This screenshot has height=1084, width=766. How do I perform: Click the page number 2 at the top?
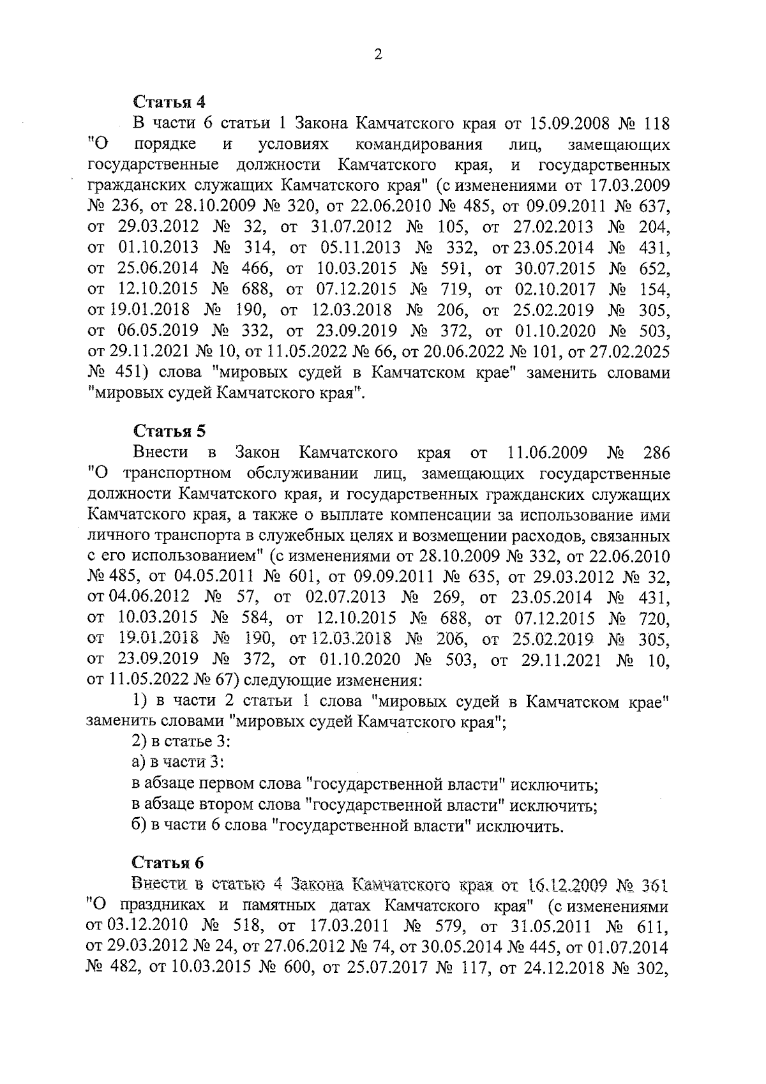click(378, 55)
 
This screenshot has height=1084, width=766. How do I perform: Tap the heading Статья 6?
click(169, 863)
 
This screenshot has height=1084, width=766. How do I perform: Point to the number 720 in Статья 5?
click(652, 618)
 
